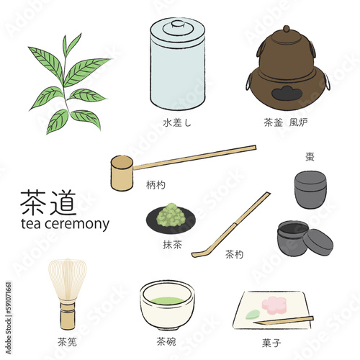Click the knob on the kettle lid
286,29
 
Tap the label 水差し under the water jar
177,122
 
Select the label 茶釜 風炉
286,122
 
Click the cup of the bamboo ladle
122,173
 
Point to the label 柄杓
156,185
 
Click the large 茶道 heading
48,202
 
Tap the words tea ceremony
65,224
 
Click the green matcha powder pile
171,215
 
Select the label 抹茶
172,245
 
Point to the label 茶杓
234,254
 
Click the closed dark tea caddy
310,189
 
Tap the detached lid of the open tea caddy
318,242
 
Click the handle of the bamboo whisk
68,315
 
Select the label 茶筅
67,342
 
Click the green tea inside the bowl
168,300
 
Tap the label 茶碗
166,341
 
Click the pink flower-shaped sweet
274,305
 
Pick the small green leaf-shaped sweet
253,315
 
